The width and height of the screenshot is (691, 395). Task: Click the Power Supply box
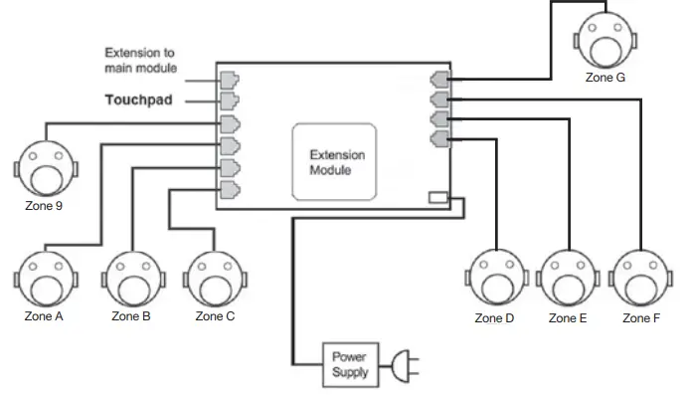[x=350, y=364]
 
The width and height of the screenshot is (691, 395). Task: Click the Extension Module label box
[x=335, y=161]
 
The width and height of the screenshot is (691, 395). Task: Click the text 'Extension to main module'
[x=141, y=60]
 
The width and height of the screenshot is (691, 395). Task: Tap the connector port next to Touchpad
[x=229, y=100]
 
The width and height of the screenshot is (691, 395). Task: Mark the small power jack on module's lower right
[x=438, y=198]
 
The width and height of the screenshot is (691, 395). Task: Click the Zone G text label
[x=605, y=78]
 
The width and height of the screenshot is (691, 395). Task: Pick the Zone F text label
[x=641, y=318]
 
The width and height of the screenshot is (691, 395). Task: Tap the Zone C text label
[x=215, y=317]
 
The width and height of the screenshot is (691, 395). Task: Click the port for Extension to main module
[x=229, y=78]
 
